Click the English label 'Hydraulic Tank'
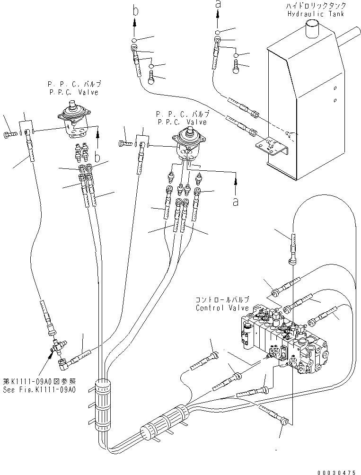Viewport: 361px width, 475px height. point(316,14)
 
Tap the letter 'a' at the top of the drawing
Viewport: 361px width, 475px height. point(218,4)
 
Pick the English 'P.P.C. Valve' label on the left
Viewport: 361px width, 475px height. point(73,93)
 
